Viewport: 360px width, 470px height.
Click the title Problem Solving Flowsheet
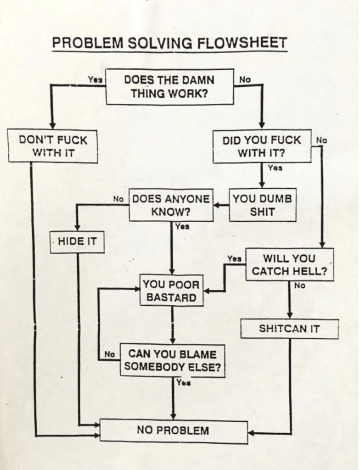pos(170,43)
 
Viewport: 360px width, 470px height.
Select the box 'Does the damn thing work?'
pos(170,87)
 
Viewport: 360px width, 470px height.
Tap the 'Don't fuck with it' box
pos(53,146)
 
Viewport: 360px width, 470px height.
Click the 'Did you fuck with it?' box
pos(262,146)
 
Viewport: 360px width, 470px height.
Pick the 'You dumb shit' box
pos(263,205)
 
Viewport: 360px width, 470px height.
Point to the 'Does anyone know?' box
pos(171,205)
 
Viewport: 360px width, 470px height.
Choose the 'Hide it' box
pos(78,241)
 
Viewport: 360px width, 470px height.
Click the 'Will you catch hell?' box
pos(289,264)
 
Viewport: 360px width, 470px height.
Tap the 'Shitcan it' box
pos(289,329)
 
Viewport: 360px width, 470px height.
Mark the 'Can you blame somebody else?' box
pos(173,360)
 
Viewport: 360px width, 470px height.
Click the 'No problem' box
pos(174,431)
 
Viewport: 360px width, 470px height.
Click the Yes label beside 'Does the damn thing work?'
pos(95,80)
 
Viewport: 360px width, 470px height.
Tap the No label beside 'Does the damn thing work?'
pos(245,80)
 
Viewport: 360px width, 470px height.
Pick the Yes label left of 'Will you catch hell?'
pos(234,258)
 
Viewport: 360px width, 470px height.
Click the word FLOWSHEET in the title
pos(242,43)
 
